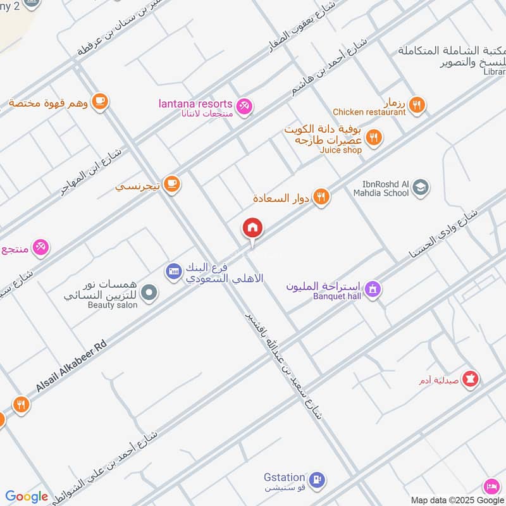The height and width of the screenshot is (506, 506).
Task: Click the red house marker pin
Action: point(252,228)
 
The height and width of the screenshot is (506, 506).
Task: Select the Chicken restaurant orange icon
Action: point(416,104)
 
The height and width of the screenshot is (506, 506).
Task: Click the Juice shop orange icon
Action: point(374,137)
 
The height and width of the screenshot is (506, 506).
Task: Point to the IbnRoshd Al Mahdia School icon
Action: point(420,187)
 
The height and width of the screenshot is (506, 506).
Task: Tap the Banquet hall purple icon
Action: point(374,288)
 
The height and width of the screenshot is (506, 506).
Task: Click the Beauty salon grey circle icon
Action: point(149,292)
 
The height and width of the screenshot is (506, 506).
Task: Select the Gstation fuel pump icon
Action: point(319,480)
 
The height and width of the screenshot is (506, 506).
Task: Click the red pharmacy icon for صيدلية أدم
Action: point(471,379)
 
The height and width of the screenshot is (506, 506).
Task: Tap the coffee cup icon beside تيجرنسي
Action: point(171,184)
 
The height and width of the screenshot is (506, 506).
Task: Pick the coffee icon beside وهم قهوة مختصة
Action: point(99,101)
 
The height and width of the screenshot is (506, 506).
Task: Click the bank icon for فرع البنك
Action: point(173,271)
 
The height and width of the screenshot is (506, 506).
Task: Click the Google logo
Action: point(27,497)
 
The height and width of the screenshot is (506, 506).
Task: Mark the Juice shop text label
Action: point(341,151)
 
